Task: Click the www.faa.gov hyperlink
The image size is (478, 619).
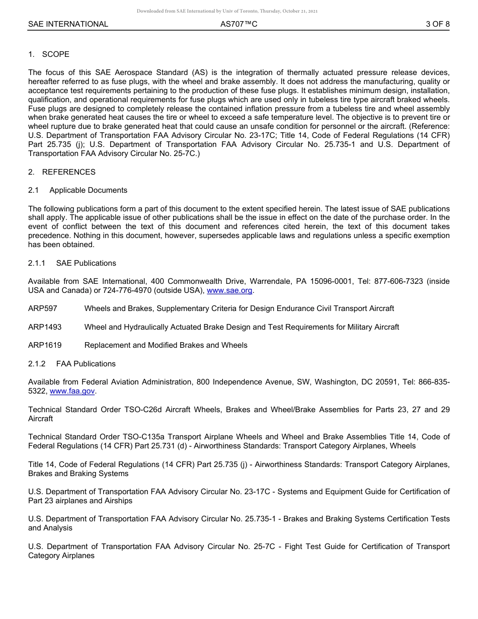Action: click(x=72, y=391)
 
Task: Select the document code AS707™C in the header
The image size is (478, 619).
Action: click(x=238, y=24)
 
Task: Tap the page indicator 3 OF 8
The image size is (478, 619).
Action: click(x=437, y=24)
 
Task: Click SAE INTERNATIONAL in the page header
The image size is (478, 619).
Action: click(x=68, y=24)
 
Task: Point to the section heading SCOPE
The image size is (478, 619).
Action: click(x=56, y=54)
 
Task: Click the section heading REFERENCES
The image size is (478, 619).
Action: click(x=68, y=172)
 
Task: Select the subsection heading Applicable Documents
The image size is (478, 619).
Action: click(x=88, y=190)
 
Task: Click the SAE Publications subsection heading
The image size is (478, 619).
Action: click(x=86, y=263)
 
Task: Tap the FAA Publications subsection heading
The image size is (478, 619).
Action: click(x=86, y=364)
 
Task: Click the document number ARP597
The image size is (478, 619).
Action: click(x=43, y=308)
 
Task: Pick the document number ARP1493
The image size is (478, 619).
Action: click(x=45, y=327)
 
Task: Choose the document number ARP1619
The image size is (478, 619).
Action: click(x=45, y=345)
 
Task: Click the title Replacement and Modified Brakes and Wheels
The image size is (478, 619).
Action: click(x=166, y=345)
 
